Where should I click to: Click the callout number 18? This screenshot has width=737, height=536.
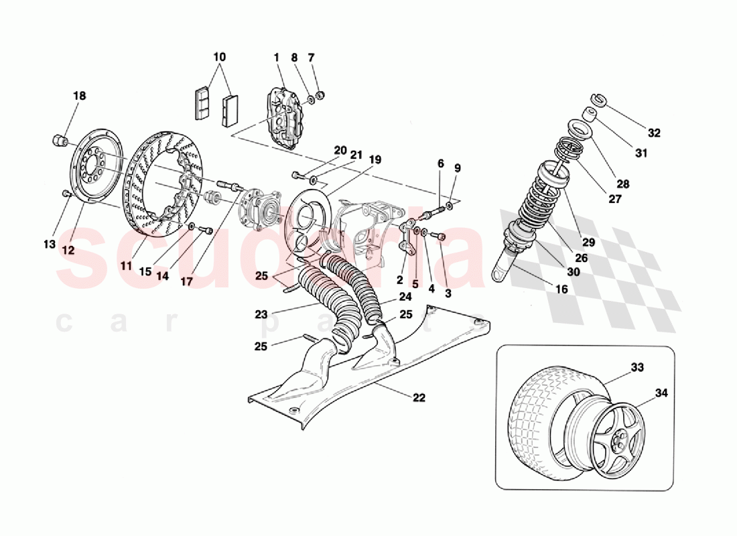80,96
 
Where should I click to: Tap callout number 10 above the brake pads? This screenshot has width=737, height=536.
219,57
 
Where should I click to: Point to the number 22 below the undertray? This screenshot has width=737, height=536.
419,397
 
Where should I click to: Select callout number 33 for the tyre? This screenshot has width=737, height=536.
636,367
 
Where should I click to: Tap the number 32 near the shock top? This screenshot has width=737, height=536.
654,133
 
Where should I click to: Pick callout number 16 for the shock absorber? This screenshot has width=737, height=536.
561,289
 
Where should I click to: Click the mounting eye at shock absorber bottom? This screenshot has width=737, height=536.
503,273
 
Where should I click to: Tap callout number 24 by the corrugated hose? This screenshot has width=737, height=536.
405,295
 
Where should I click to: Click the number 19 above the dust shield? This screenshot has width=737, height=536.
375,159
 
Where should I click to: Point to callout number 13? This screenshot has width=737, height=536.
50,245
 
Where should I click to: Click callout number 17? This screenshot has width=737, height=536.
186,282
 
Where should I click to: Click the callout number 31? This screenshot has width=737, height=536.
642,153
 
